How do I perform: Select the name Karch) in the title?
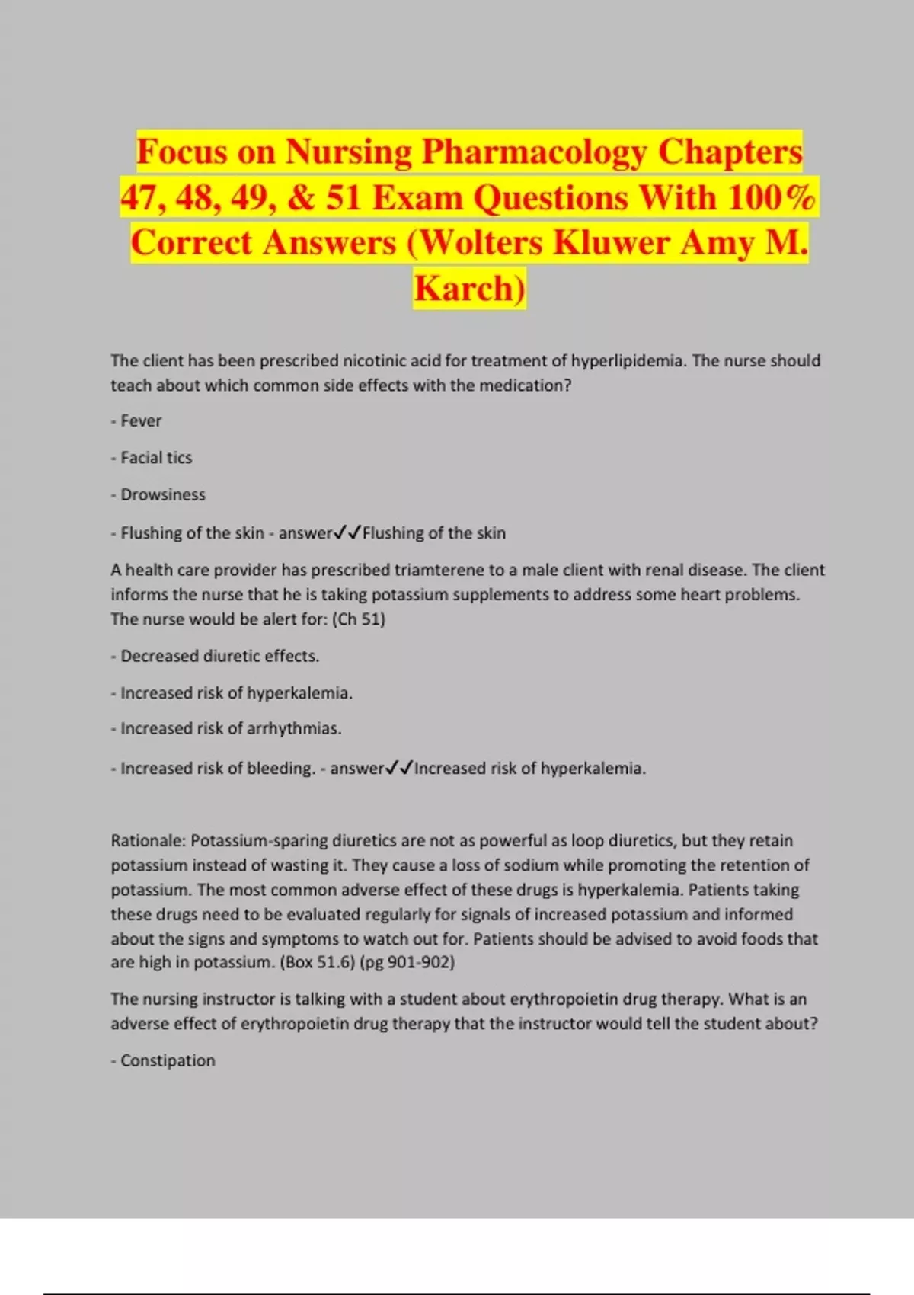tap(469, 289)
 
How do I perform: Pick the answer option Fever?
tap(141, 420)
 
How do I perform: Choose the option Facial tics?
tap(156, 458)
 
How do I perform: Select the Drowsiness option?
tap(163, 495)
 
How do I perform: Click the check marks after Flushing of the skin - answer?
tap(347, 532)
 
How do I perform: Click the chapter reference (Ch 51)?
tap(358, 619)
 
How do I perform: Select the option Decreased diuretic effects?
tap(219, 656)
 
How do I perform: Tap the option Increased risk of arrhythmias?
tap(231, 728)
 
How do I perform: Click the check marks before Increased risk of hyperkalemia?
tap(399, 768)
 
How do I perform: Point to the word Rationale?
tap(148, 840)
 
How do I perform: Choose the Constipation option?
tap(168, 1060)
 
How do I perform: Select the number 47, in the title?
tap(142, 198)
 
